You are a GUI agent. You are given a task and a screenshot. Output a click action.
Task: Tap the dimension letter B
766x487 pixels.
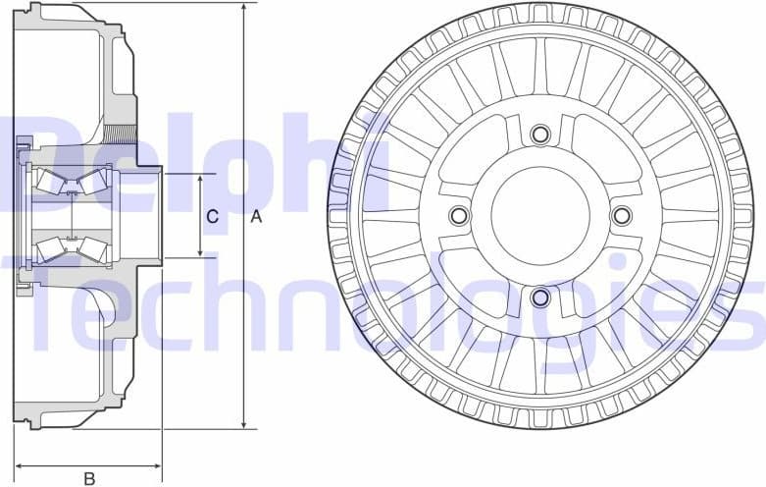[89, 478]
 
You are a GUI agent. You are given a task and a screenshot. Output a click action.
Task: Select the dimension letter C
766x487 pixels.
[211, 216]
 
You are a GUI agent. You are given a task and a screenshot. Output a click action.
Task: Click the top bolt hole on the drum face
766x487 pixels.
[539, 135]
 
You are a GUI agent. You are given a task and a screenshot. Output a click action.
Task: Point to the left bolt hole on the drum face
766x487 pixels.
[458, 215]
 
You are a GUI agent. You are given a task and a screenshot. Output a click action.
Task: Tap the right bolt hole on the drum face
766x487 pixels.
[621, 215]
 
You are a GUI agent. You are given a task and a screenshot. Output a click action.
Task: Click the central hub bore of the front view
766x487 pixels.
[539, 215]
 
